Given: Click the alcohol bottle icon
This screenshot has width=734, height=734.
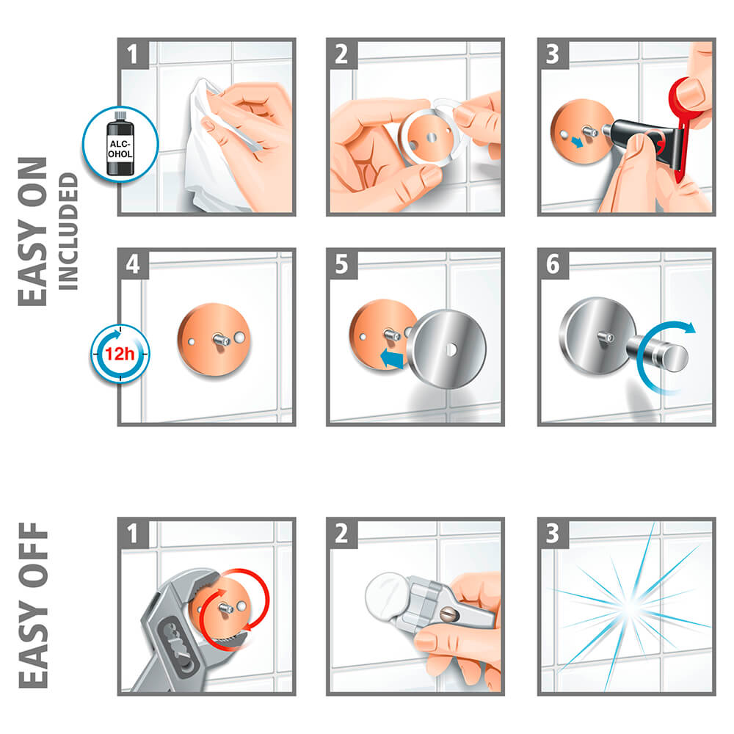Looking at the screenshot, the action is [120, 144].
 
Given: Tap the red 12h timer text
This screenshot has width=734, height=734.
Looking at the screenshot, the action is [120, 354].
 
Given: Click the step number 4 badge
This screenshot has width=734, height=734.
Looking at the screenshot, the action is [134, 264].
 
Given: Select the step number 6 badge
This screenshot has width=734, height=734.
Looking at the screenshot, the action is [553, 264].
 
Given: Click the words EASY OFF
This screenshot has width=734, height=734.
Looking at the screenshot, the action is [33, 606].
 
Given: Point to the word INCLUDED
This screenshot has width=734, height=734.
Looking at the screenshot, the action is [68, 231].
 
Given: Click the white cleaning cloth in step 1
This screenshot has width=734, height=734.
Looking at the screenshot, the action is [211, 150].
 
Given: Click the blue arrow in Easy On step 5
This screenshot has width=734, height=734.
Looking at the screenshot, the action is [392, 359].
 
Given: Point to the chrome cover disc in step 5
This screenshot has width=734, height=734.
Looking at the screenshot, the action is [447, 349].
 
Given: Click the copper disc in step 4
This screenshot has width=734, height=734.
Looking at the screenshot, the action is [214, 340].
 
